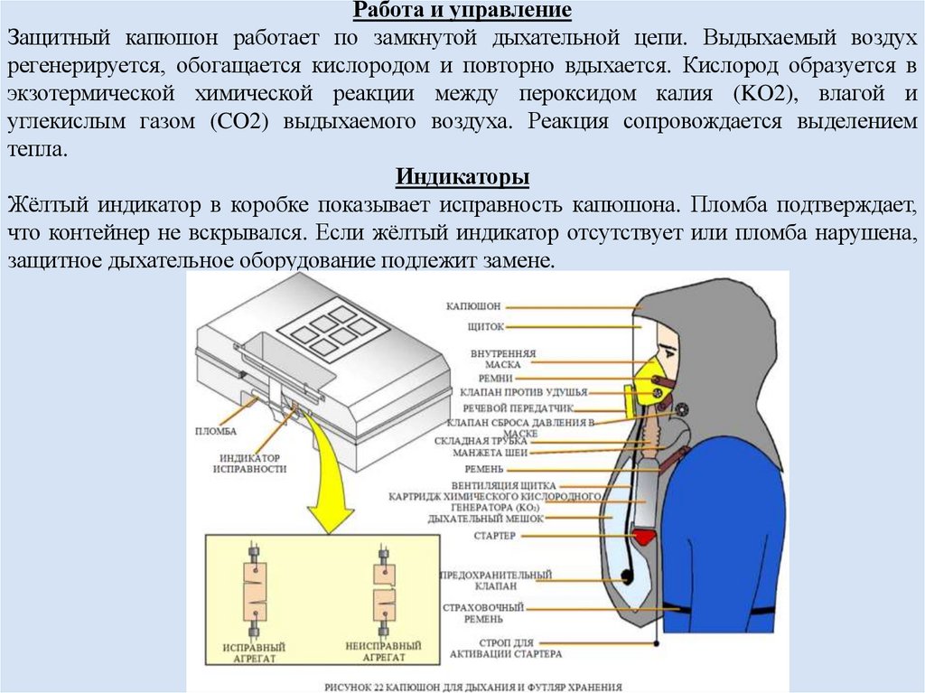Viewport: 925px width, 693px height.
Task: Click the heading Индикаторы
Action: (462, 174)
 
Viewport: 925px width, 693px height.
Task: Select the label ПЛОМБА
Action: (215, 432)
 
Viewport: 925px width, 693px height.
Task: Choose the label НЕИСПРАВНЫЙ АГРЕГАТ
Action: (383, 653)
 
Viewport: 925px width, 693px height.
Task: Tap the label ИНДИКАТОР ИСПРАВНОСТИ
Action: (250, 463)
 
